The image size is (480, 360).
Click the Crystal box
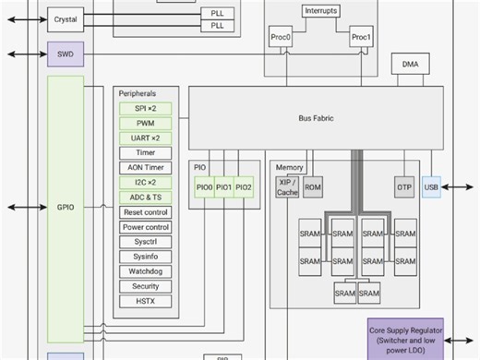tap(66, 18)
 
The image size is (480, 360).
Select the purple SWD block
tap(66, 54)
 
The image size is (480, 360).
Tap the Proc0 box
tap(281, 38)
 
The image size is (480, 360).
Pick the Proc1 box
tap(361, 38)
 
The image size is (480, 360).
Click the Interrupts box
tap(320, 11)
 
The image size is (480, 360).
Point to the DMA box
tap(410, 65)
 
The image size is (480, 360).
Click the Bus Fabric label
tap(317, 119)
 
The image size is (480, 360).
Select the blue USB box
tap(432, 187)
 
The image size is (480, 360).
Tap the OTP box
tap(404, 187)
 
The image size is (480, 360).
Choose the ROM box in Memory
tap(313, 187)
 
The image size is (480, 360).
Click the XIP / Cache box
tap(287, 187)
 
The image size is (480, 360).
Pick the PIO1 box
tap(224, 187)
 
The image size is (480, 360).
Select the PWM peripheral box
tap(146, 123)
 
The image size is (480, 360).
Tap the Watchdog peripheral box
tap(146, 271)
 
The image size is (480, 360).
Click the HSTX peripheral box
tap(146, 301)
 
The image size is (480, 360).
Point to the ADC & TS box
tap(146, 197)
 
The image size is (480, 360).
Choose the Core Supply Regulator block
tap(405, 337)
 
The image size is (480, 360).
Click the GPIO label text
tap(66, 208)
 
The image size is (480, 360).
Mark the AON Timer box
tap(146, 167)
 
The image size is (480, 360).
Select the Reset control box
tap(146, 211)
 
